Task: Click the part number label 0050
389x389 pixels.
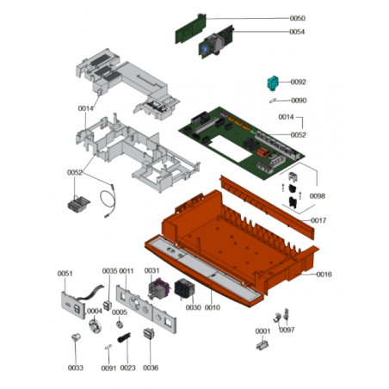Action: [x=297, y=18]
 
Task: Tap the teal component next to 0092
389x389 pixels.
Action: [x=273, y=83]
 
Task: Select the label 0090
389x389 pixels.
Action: [x=299, y=101]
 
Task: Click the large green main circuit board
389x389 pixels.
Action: [x=242, y=143]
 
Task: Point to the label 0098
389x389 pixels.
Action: [x=318, y=196]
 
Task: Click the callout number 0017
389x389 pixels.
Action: [x=318, y=220]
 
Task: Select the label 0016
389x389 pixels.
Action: [x=324, y=275]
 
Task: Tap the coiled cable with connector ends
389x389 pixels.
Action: [x=108, y=201]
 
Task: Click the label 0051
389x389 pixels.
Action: [x=65, y=274]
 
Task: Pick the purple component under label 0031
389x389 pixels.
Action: [x=156, y=289]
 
